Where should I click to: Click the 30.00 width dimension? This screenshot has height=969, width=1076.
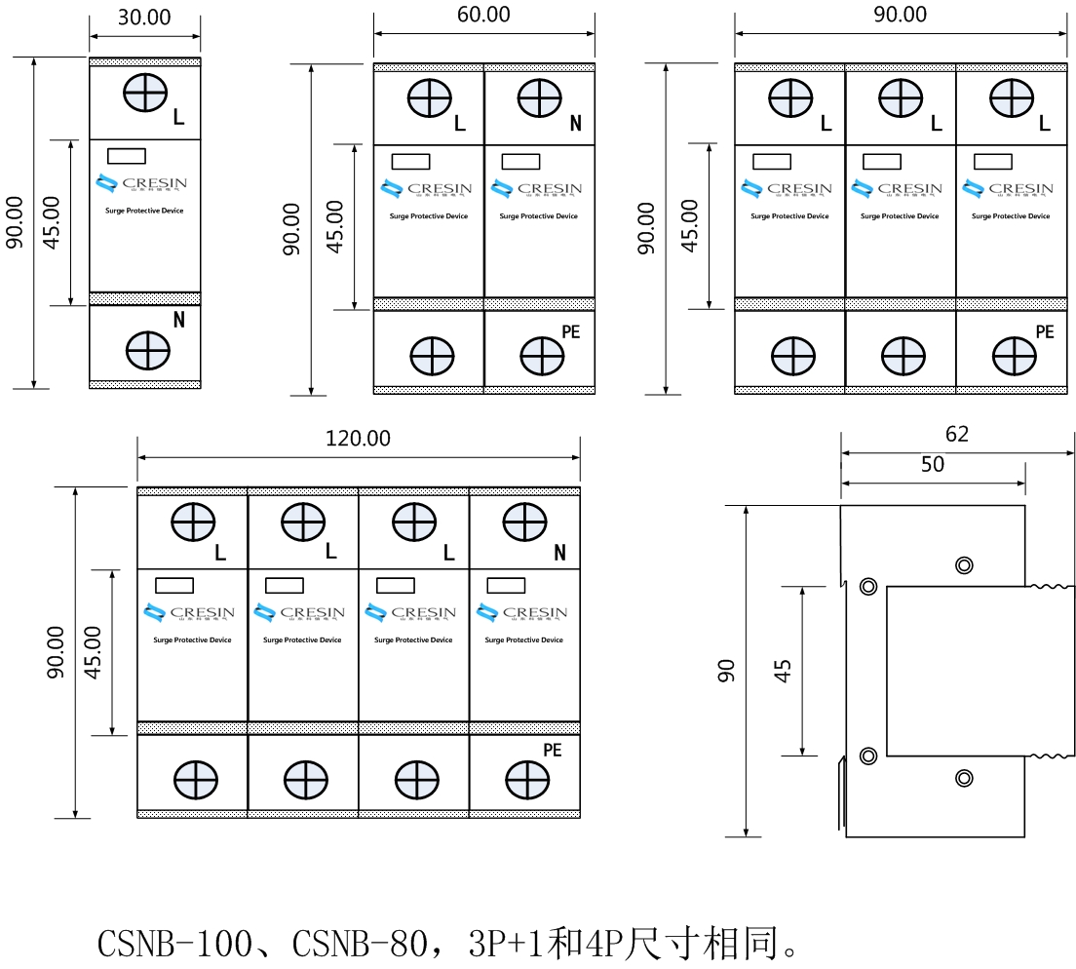[x=144, y=18]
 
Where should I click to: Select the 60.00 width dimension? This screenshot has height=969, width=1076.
[x=483, y=15]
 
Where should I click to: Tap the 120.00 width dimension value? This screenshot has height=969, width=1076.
[x=358, y=439]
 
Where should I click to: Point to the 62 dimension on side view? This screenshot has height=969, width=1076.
[x=957, y=434]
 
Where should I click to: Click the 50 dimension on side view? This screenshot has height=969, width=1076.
[x=933, y=464]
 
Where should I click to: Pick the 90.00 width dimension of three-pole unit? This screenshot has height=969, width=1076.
[x=901, y=15]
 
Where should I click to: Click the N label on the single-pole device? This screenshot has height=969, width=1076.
[x=179, y=320]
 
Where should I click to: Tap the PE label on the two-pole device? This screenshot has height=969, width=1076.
[x=571, y=331]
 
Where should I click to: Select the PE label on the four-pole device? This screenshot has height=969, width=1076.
[x=553, y=750]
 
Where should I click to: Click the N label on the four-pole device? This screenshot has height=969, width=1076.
[x=559, y=553]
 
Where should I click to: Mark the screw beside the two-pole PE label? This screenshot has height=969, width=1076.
[x=540, y=357]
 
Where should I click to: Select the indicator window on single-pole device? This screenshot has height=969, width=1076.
[x=126, y=155]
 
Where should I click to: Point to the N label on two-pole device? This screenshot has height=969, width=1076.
[x=575, y=124]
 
